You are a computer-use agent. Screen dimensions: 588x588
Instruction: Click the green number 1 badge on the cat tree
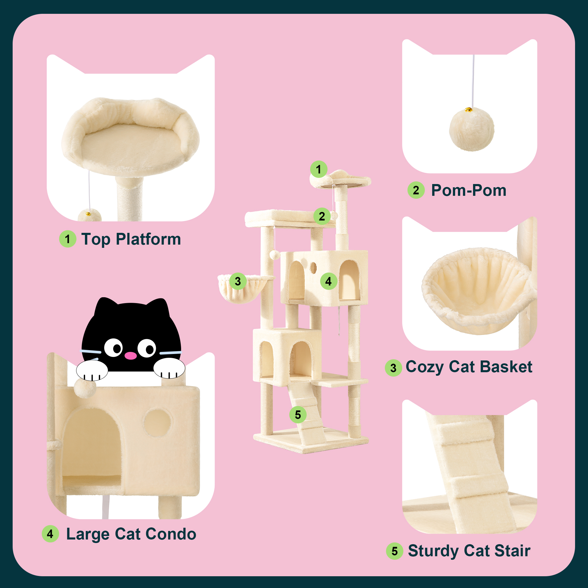[318, 169]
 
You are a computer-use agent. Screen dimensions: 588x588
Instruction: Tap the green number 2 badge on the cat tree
[322, 216]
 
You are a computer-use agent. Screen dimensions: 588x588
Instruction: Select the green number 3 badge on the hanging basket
[238, 281]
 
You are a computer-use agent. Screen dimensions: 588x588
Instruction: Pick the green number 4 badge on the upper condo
[329, 281]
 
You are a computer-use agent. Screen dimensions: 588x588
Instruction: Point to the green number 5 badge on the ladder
[298, 415]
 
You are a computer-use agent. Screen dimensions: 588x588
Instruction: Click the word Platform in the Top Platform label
[148, 240]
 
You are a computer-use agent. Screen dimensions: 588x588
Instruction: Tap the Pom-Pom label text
[469, 191]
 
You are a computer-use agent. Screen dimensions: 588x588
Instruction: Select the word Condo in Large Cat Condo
[171, 534]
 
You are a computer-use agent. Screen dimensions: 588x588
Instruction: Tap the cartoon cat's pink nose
[131, 355]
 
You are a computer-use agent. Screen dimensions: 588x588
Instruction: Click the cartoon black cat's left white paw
[92, 370]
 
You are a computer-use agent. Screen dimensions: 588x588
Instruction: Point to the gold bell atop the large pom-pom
[468, 110]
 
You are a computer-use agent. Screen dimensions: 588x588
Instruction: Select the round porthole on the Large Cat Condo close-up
[157, 423]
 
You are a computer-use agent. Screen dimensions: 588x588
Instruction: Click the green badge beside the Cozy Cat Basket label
[393, 368]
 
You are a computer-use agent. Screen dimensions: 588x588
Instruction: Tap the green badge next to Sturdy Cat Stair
[395, 551]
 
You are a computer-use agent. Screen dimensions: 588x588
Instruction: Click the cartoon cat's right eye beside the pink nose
[147, 348]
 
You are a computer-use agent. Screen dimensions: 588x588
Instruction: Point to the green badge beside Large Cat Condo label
[50, 534]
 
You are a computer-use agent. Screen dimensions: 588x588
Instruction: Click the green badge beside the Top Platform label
[68, 239]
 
